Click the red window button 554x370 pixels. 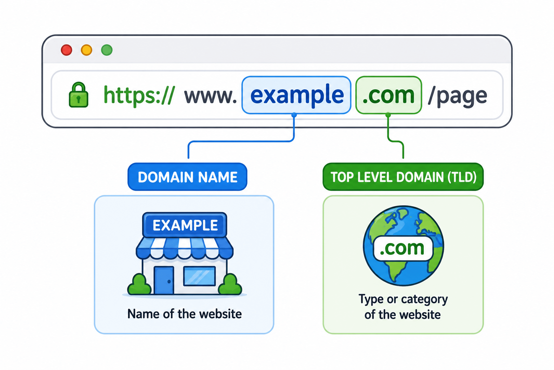click(66, 50)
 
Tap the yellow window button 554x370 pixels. click(87, 50)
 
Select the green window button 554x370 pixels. click(107, 50)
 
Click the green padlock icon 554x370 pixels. click(78, 95)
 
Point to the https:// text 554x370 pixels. click(139, 95)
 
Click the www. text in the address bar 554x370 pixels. click(211, 96)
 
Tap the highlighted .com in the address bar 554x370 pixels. click(388, 96)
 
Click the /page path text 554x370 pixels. click(458, 96)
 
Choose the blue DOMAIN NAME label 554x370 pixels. click(188, 177)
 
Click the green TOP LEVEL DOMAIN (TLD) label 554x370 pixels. click(403, 177)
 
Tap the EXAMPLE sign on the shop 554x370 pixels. click(185, 225)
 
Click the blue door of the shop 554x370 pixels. click(164, 280)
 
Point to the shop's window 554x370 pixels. click(199, 276)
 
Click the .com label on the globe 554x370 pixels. click(403, 249)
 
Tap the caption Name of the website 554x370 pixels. click(185, 314)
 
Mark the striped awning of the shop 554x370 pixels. click(185, 248)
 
